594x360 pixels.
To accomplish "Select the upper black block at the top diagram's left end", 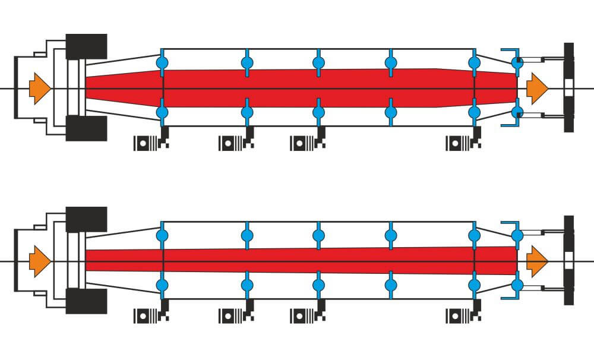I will tap(86, 47).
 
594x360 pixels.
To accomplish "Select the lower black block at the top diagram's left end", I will tap(86, 128).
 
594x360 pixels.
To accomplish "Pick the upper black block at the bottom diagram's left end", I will tap(86, 219).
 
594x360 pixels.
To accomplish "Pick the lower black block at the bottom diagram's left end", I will tap(86, 301).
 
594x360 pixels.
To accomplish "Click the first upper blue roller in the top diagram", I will tap(162, 62).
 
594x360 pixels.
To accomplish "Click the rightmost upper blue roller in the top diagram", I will tap(517, 62).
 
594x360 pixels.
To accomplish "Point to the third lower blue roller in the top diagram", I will tap(318, 112).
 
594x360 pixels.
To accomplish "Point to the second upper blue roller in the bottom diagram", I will tap(247, 235).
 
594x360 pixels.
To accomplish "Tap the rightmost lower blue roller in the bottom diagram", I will tap(517, 285).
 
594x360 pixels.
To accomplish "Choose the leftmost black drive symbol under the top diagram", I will tap(150, 143).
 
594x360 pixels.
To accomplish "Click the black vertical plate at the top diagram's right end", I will tap(568, 88).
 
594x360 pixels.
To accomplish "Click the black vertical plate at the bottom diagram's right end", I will tap(568, 260).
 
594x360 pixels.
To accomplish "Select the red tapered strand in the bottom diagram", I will tap(297, 260).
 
